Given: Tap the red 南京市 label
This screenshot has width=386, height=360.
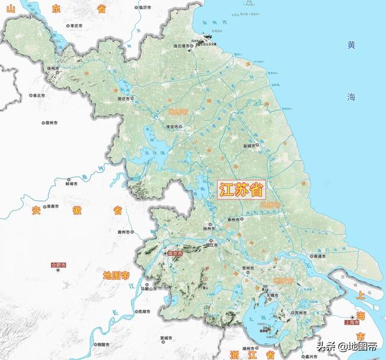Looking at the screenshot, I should click(x=176, y=253).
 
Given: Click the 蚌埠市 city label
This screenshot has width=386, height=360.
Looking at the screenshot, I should click(x=72, y=185).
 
